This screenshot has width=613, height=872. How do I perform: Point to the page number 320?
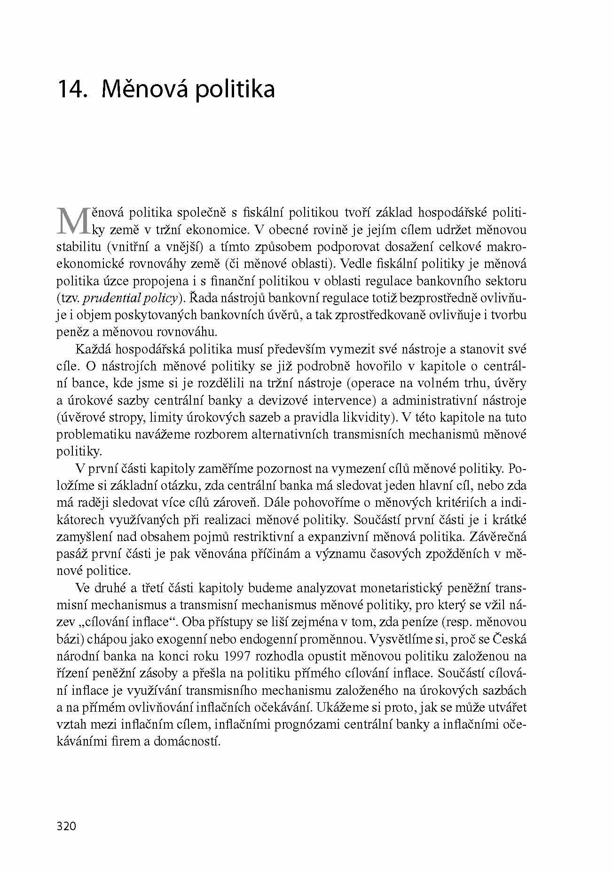[66, 825]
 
